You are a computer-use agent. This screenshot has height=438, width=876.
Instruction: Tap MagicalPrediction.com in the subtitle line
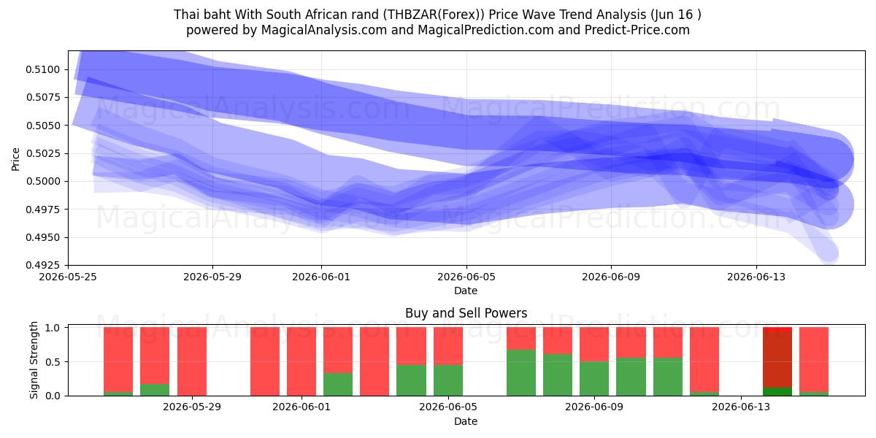(485, 30)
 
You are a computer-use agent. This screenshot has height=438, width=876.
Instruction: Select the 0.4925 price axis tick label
(43, 265)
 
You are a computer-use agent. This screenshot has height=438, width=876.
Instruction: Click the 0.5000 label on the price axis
(43, 182)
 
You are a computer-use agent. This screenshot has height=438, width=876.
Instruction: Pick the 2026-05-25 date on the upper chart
(68, 277)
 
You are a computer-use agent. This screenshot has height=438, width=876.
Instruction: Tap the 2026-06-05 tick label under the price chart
(466, 277)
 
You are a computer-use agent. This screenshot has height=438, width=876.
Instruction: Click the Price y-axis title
(15, 159)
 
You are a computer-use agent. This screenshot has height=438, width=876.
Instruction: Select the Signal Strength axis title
(34, 360)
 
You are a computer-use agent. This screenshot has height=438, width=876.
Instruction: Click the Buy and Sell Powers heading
(466, 313)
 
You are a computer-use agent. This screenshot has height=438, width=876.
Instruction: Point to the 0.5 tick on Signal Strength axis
(53, 362)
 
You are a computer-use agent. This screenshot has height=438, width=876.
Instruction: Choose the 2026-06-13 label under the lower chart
(741, 407)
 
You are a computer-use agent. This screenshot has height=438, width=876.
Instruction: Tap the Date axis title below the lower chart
(466, 421)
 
